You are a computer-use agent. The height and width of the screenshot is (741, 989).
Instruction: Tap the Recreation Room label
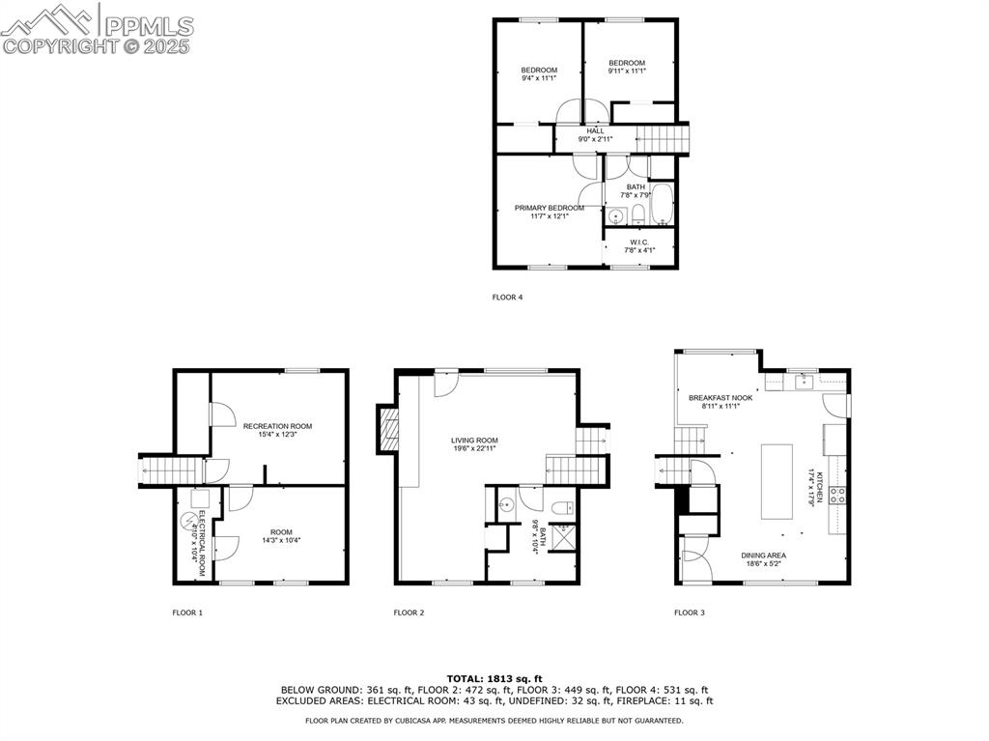277,426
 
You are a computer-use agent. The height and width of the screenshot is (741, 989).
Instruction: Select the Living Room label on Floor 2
474,441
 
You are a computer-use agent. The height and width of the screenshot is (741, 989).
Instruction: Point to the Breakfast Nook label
721,398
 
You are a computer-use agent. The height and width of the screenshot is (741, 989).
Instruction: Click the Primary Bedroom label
549,208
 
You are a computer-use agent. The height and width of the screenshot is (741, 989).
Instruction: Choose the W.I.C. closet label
639,242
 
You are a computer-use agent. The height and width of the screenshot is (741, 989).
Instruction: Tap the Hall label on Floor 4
595,131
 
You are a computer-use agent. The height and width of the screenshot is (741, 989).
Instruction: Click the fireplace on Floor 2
388,429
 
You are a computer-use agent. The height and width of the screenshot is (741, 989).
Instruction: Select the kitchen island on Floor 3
777,481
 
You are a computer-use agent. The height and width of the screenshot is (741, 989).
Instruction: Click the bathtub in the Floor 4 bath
663,204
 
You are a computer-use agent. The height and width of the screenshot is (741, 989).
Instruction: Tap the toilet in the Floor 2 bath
563,507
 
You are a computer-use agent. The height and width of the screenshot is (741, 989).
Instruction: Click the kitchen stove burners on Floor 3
837,496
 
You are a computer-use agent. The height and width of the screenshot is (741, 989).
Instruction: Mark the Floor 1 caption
187,613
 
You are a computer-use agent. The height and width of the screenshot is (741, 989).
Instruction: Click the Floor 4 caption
507,298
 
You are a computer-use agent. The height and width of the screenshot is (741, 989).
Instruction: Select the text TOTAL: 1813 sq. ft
494,679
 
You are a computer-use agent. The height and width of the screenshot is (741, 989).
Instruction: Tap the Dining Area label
763,556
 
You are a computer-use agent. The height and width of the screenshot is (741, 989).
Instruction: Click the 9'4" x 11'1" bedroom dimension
539,78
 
